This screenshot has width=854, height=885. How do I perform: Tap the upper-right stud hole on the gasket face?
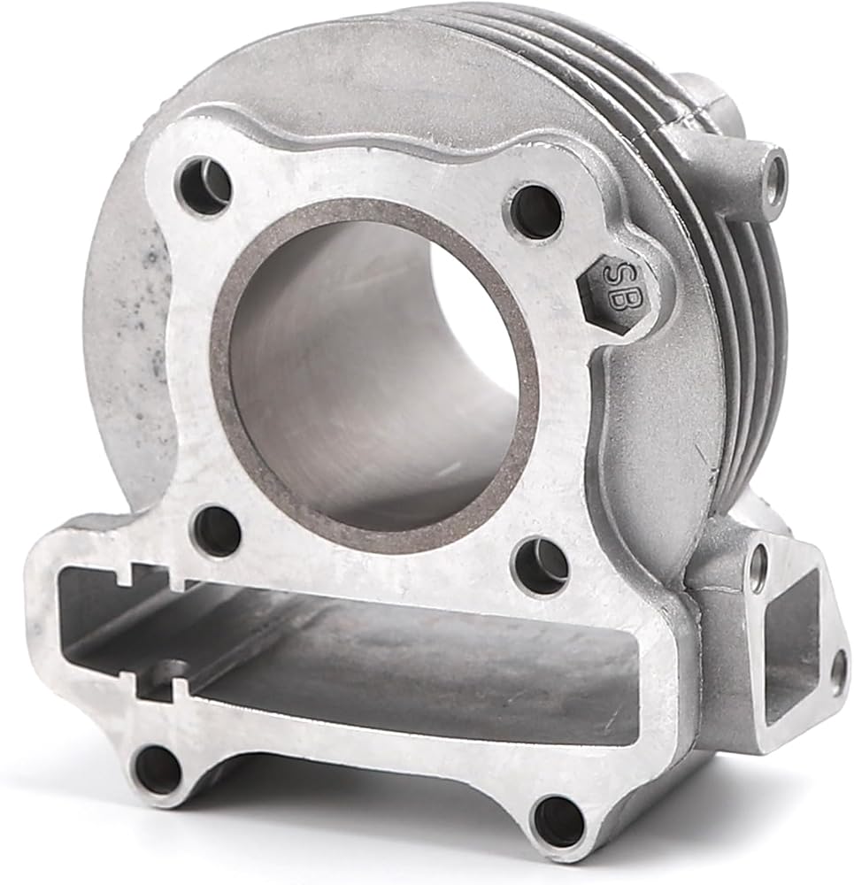[537, 211]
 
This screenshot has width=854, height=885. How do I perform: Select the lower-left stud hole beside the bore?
[218, 532]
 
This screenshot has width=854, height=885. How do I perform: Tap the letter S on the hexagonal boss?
[613, 274]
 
